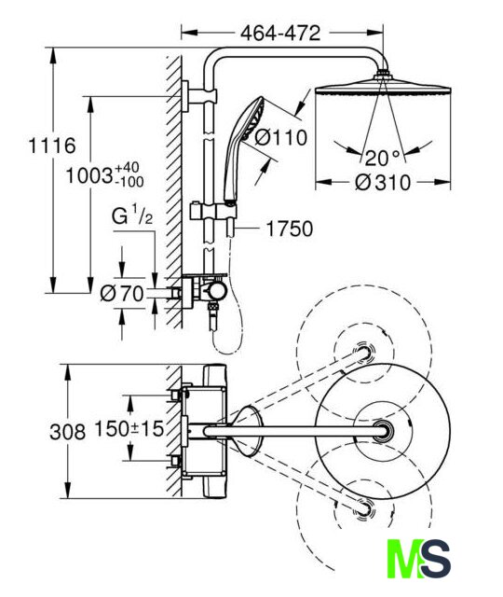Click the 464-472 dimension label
[x=280, y=34]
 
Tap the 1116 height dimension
[x=52, y=146]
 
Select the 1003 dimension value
[x=89, y=176]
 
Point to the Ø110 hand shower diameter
[x=280, y=137]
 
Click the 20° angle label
[x=383, y=158]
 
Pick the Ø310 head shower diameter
[x=383, y=183]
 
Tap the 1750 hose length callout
[x=290, y=229]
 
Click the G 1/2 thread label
[x=132, y=216]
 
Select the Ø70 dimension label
[x=122, y=294]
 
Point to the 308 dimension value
[x=67, y=432]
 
